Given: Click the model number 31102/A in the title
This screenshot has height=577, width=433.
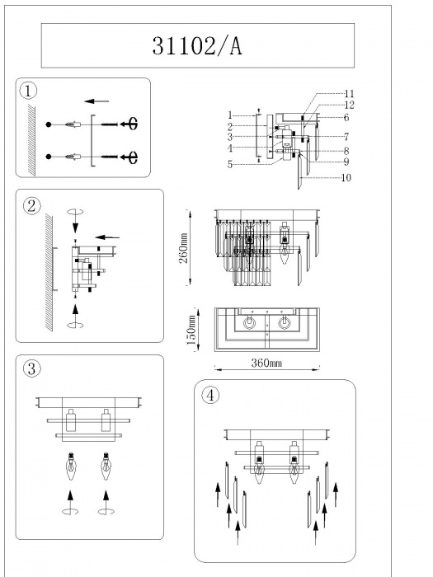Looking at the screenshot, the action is (197, 46).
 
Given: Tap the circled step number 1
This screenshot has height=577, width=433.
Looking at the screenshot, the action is (28, 91).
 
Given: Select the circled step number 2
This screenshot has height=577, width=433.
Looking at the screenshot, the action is (31, 206).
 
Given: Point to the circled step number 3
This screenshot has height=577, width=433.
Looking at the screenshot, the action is (31, 368).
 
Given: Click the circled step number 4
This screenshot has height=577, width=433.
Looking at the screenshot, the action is (210, 396).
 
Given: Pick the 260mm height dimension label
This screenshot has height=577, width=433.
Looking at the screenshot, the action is (184, 247).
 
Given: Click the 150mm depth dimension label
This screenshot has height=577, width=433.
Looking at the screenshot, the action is (191, 330).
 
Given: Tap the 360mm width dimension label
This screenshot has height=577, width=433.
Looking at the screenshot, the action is (266, 364).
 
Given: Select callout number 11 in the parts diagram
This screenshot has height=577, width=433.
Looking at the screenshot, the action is (349, 94).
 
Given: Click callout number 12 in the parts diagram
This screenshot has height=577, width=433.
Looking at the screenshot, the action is (349, 106).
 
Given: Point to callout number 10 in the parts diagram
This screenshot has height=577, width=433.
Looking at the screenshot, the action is (346, 178).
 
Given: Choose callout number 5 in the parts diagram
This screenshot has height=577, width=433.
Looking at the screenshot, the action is (230, 165).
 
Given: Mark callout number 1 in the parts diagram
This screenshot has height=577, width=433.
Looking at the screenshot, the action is (230, 115).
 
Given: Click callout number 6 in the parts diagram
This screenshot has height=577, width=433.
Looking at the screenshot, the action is (346, 117).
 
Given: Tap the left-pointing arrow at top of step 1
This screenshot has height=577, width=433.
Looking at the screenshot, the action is (96, 101).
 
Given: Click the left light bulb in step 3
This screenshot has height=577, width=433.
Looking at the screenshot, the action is (70, 467).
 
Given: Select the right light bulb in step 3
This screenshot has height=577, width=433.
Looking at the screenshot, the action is (106, 467).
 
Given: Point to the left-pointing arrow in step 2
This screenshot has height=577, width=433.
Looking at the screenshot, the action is (107, 237).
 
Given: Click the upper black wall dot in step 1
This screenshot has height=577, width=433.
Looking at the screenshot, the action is (49, 124).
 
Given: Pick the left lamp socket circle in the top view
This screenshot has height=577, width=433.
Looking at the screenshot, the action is (250, 323).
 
